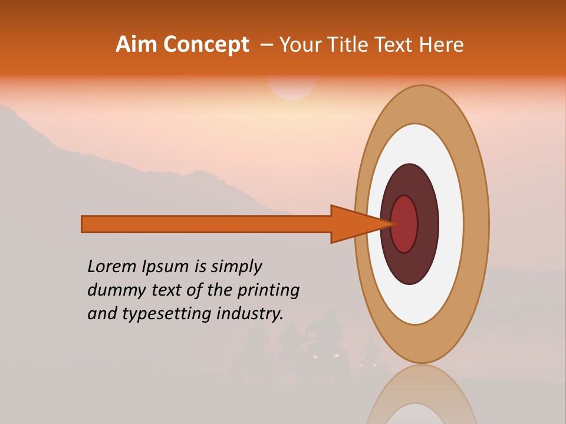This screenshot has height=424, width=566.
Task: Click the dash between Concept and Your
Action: (266, 45)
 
